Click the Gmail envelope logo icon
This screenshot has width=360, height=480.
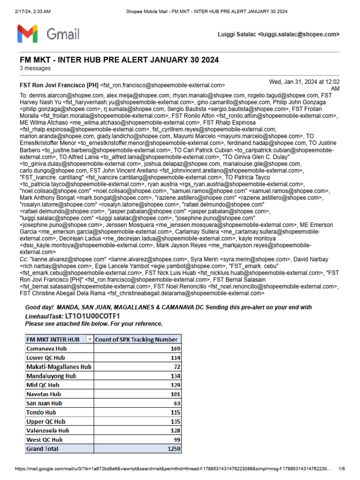point(28,34)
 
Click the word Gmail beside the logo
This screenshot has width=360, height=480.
point(63,34)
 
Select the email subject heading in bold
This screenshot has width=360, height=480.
point(119,60)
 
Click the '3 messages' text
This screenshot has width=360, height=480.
point(35,68)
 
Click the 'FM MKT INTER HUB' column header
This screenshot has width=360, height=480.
point(53,339)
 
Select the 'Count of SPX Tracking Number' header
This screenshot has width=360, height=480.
point(136,339)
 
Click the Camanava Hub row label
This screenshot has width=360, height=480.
point(47,348)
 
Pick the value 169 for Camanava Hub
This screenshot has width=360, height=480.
point(174,348)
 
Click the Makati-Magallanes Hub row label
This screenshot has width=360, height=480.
point(59,367)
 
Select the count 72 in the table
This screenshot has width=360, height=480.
point(176,367)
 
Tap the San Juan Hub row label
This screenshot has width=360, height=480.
point(45,403)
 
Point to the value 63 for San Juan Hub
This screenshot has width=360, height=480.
point(176,403)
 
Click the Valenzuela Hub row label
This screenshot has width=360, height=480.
point(48,430)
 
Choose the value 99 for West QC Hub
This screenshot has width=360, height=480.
point(176,440)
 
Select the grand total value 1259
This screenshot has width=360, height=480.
point(173,449)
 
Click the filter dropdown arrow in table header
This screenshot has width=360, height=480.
point(90,339)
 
